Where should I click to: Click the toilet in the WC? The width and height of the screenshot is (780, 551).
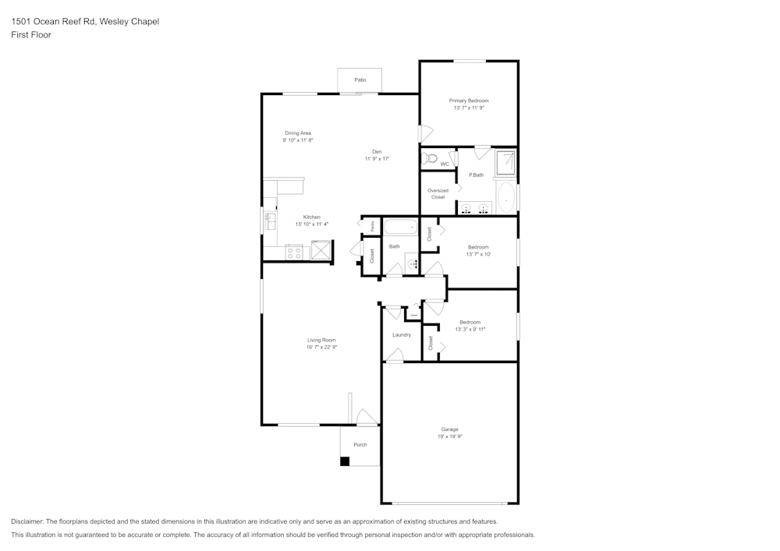coord(429,159)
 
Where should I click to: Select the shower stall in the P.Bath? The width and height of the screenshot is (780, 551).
coord(506,162)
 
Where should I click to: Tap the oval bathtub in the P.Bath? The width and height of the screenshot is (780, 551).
coord(506,199)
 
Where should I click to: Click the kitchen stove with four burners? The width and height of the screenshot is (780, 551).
coord(294,253)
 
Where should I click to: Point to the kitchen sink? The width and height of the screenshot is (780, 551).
coord(270,221)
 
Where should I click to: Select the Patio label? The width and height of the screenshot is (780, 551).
coord(360,79)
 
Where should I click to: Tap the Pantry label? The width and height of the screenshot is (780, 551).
coord(372,225)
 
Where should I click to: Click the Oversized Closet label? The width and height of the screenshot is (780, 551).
coord(438,193)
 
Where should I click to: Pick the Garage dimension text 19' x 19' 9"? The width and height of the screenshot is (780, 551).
coord(449,436)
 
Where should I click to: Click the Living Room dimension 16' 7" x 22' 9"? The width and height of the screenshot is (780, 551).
coord(321,348)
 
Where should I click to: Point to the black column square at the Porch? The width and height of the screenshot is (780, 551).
coord(344,461)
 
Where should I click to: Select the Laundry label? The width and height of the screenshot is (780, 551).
coord(402,335)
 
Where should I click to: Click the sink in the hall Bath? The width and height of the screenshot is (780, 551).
coord(412,263)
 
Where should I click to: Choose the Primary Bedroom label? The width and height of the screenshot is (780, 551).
coord(469,101)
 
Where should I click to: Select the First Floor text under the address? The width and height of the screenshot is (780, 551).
coord(31,35)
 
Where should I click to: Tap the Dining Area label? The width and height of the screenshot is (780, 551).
coord(298,133)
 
